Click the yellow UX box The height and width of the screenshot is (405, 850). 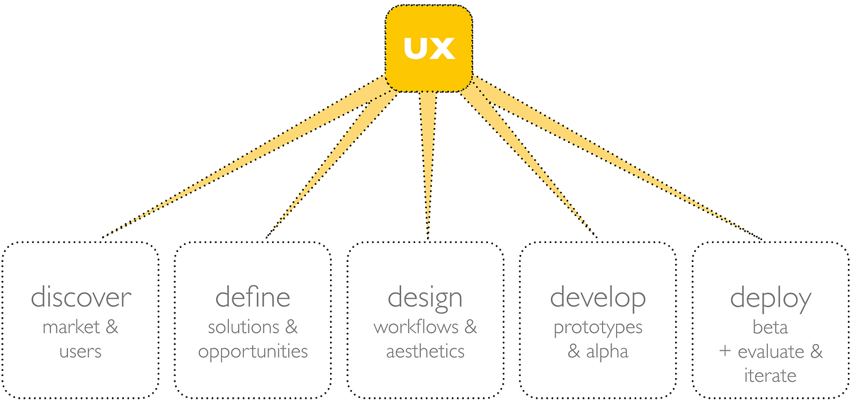429,48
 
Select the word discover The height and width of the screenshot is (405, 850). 80,297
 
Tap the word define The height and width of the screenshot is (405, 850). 253,297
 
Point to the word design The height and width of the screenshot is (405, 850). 425,298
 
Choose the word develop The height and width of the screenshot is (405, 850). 598,297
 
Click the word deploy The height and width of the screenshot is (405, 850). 771,298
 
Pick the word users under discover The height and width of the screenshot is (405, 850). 80,351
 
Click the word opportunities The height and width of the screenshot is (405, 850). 253,351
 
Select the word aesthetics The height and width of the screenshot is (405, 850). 425,351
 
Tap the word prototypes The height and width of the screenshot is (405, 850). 598,328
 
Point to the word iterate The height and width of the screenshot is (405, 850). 770,375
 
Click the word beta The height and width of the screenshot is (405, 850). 771,328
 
